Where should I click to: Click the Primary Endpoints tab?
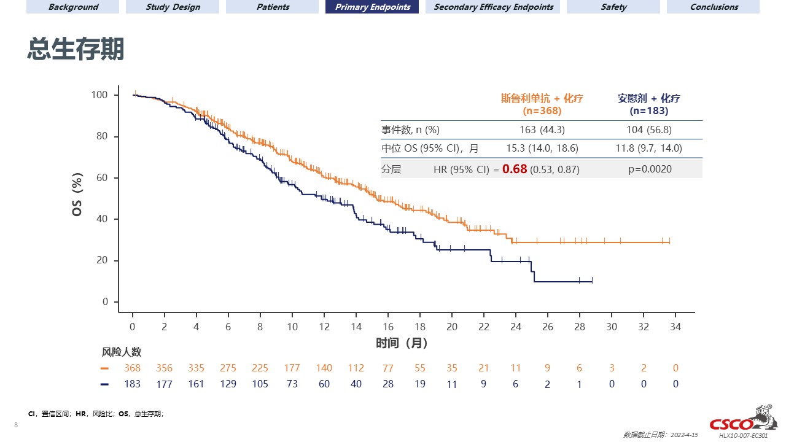click(372, 7)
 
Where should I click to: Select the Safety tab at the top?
click(613, 7)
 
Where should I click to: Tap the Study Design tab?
click(173, 7)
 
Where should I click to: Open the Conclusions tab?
click(713, 7)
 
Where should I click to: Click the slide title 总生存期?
click(76, 49)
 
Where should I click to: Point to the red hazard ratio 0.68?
click(515, 169)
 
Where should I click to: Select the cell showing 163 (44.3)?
click(541, 130)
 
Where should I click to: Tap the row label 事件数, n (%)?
click(410, 130)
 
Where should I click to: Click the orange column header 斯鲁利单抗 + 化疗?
click(541, 98)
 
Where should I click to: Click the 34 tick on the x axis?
click(675, 327)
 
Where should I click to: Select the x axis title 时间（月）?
click(402, 343)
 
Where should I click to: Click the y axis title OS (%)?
click(78, 198)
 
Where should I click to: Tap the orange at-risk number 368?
click(132, 368)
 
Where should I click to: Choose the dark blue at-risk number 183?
click(132, 384)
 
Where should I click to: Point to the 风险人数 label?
click(122, 352)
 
